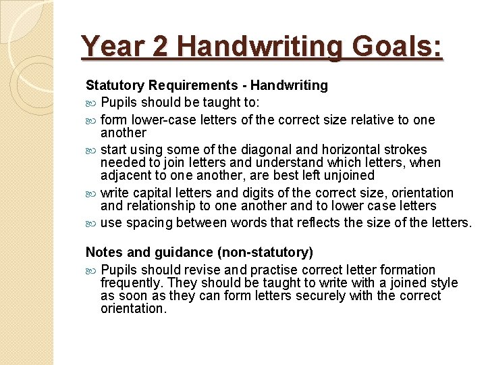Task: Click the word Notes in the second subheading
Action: [103, 253]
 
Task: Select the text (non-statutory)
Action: [265, 253]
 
